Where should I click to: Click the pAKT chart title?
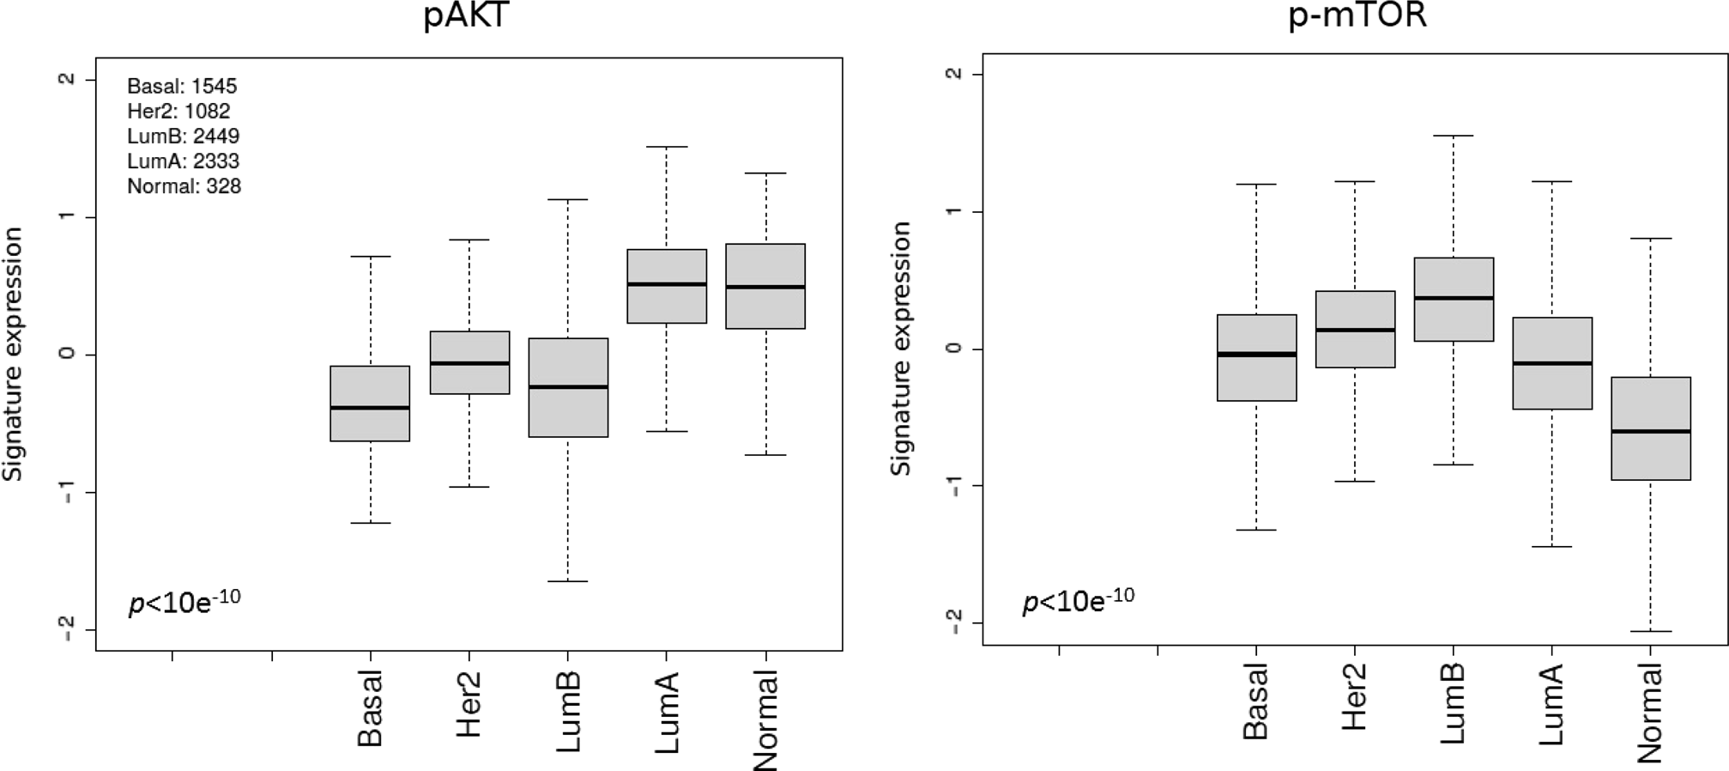467,16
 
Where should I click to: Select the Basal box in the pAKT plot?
370,404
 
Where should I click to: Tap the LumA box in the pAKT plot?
667,286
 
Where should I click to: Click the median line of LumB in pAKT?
568,387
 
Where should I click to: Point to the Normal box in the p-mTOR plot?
1651,428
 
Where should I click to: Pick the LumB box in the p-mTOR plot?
1454,300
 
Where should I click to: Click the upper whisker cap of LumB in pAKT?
568,199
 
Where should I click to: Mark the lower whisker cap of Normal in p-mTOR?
1651,631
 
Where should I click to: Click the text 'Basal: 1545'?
182,86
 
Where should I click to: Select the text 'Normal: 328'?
184,186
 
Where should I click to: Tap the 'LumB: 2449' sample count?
184,137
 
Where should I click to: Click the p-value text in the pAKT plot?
184,601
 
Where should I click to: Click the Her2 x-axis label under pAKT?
469,706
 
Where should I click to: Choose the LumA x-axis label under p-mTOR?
1551,704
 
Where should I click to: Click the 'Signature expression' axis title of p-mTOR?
900,348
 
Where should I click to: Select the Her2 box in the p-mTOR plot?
1355,330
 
